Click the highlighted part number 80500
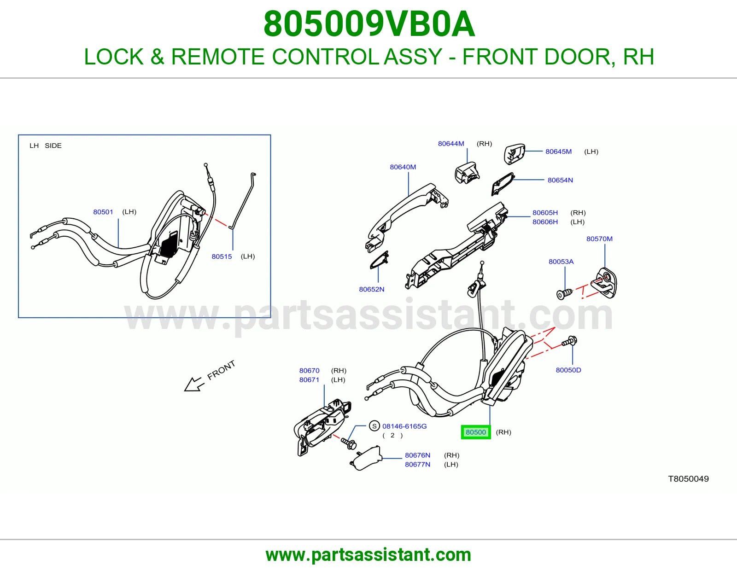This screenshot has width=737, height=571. [475, 432]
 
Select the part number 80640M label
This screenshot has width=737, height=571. [403, 167]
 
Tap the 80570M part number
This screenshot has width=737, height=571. [599, 239]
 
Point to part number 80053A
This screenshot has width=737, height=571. [561, 262]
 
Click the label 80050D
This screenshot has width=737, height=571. [568, 370]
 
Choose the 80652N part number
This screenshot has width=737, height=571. [371, 289]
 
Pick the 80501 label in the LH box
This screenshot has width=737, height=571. [103, 212]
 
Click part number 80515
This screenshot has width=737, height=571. [222, 256]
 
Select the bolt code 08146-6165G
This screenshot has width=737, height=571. [404, 426]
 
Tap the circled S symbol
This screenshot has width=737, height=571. [374, 426]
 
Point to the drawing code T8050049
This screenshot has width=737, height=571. [688, 479]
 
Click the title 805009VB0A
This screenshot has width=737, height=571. [369, 24]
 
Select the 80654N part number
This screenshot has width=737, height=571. [560, 180]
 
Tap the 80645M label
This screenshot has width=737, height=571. [558, 151]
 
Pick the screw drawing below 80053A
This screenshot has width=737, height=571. [564, 294]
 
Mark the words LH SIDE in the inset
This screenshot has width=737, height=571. [46, 146]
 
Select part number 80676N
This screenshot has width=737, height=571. [417, 455]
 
